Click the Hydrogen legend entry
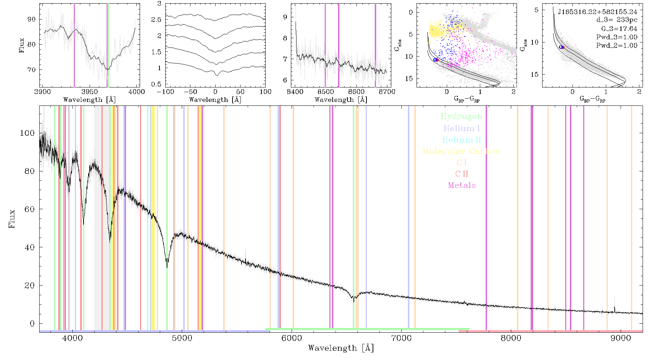461,116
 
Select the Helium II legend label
462,140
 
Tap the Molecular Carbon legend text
462,151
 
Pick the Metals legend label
462,185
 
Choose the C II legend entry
462,174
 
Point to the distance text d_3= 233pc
617,20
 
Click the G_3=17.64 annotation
619,29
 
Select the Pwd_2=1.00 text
617,45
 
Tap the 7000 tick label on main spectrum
401,338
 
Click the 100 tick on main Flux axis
27,133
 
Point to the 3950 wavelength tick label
89,92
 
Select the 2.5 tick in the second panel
157,19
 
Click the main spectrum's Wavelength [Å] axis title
341,348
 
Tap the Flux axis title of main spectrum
12,219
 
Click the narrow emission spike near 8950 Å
615,309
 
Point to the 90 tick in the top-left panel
32,19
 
